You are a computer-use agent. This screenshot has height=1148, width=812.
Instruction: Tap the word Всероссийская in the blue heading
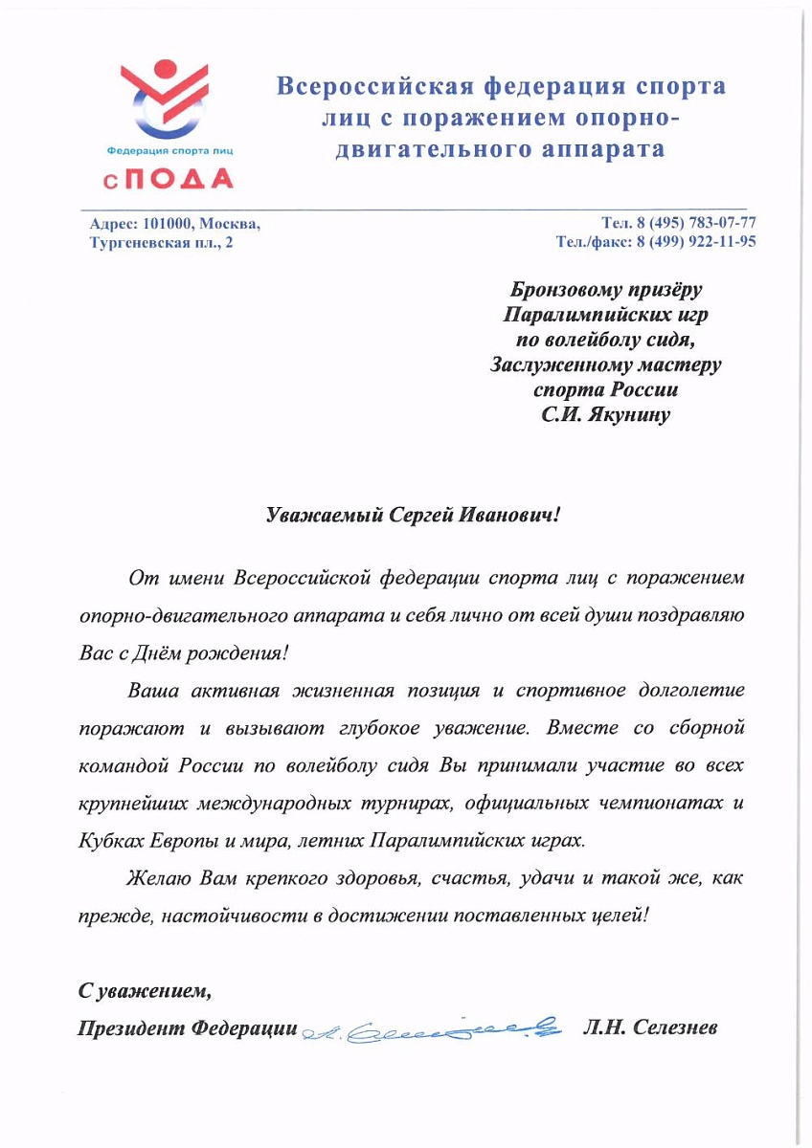pos(369,87)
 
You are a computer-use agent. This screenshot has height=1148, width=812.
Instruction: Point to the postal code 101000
pos(169,224)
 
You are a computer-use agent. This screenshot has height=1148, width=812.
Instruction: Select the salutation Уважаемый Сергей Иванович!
pos(411,514)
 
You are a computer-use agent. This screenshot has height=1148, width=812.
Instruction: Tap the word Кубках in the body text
pos(106,841)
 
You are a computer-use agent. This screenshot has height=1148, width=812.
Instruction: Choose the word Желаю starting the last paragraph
pos(160,877)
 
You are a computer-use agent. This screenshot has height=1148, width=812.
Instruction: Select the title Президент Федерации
pos(187,1027)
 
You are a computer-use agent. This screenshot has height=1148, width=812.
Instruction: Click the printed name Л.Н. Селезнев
pos(650,1027)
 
